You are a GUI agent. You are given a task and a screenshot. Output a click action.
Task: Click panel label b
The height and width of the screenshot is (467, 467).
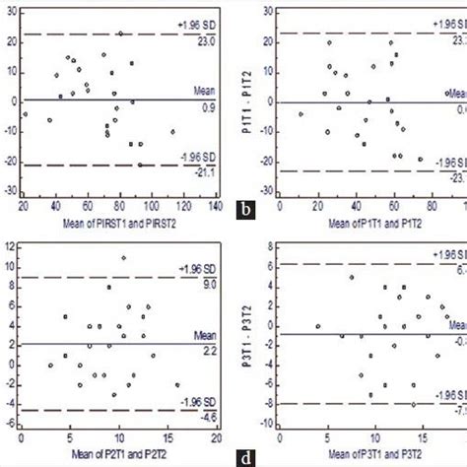(x=245, y=208)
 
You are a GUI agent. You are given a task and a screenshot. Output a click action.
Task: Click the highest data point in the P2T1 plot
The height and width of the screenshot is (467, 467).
(x=123, y=258)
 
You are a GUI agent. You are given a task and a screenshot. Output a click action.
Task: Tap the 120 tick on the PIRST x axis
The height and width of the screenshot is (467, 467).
(x=182, y=205)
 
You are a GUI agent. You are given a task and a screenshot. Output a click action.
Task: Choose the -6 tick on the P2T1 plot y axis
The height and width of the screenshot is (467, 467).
(x=12, y=424)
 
